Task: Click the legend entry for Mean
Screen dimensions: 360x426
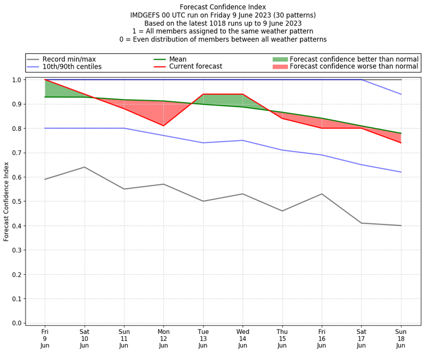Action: pos(178,59)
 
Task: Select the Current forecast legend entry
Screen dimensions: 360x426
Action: pos(195,67)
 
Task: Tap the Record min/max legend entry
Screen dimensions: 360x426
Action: pos(69,59)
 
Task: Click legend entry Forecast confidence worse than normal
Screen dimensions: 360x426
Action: pos(354,67)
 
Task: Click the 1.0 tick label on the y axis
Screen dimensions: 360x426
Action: pos(17,80)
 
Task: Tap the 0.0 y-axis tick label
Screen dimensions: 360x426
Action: pos(17,323)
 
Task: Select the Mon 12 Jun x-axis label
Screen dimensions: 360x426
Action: pos(163,338)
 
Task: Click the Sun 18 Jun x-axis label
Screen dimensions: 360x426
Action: pos(401,338)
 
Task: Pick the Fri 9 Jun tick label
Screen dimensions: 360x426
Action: pos(45,338)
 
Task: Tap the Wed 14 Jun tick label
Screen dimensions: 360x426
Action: pos(243,338)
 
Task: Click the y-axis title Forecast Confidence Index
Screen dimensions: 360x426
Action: pos(7,201)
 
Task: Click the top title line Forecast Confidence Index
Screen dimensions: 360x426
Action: pos(223,7)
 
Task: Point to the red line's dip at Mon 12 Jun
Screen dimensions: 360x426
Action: pos(163,126)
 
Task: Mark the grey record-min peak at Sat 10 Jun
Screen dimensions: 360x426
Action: pos(84,167)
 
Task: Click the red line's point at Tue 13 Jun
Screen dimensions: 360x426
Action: pos(203,94)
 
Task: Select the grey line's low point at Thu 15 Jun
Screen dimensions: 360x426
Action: pos(282,211)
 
